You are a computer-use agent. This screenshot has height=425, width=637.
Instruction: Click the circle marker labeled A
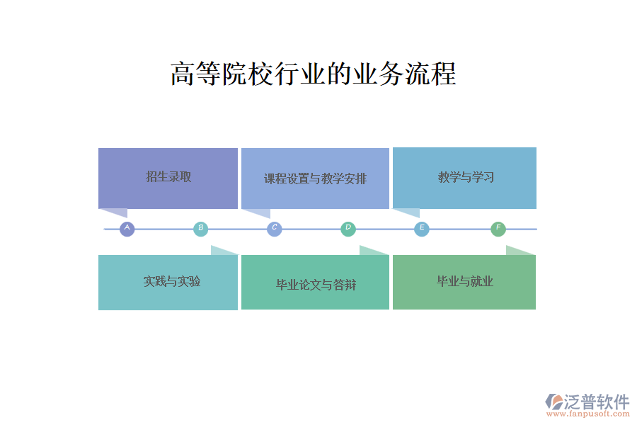[127, 229]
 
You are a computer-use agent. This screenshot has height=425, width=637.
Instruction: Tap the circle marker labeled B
[201, 229]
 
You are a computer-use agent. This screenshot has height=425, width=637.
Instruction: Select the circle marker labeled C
[274, 229]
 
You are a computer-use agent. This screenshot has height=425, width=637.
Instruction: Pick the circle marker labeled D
[348, 229]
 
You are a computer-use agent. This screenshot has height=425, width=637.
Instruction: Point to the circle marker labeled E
[422, 229]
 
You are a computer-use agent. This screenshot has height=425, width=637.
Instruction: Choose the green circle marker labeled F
[498, 229]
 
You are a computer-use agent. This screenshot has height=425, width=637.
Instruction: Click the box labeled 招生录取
[168, 178]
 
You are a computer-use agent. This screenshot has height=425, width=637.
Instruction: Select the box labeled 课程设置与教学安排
[315, 178]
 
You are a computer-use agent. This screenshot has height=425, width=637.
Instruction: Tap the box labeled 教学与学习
[464, 178]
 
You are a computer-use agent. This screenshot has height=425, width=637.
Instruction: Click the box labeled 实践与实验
[168, 282]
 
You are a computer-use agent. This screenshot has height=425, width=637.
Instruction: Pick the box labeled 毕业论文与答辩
[315, 282]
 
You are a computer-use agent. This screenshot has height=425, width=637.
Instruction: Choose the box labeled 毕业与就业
[464, 282]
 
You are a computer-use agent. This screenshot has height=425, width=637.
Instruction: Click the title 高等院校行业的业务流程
[314, 74]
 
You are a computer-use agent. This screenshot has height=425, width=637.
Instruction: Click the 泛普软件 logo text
[597, 402]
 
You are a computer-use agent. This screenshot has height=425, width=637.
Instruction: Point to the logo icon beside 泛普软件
[554, 402]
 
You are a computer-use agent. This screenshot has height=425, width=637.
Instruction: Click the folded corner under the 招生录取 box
[116, 212]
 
